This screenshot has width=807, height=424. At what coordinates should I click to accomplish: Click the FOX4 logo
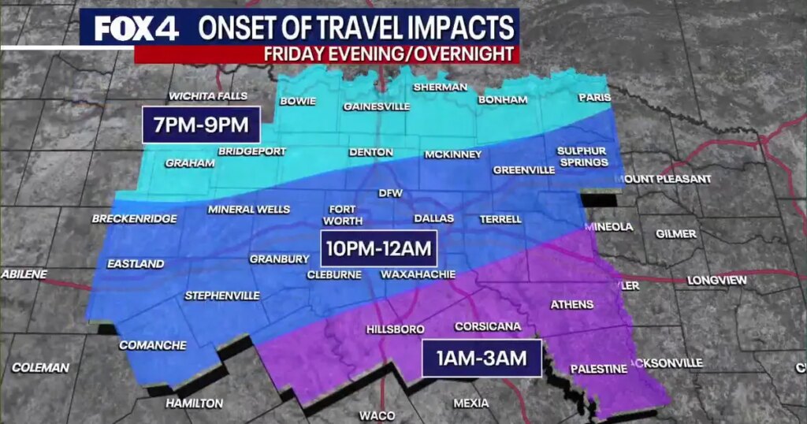coord(136,29)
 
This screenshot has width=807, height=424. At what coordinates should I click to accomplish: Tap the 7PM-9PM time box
coord(202,125)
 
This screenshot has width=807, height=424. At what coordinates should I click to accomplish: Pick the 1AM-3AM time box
coord(481,358)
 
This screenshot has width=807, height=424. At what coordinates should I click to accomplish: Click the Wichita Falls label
coord(209,96)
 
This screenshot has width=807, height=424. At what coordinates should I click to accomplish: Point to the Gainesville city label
coord(374,106)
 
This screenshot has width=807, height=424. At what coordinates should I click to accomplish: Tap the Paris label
coord(594,98)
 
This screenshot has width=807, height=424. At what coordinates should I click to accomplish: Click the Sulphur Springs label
coord(582,156)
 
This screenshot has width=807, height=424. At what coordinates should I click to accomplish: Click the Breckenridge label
coord(134,218)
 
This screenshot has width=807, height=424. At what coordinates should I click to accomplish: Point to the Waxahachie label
coord(418,274)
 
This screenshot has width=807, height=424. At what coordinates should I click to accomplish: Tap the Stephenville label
coord(221,296)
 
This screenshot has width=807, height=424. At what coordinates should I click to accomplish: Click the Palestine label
coord(598,368)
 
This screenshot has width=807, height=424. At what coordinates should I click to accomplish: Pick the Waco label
coord(377,415)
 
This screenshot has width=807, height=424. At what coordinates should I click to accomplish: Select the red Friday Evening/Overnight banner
coord(327,54)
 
